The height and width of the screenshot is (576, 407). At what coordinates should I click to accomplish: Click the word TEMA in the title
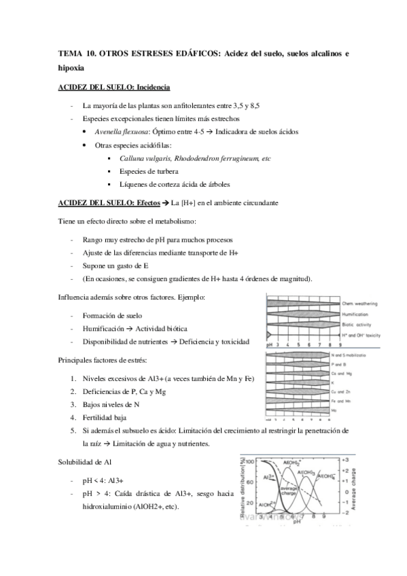pyautogui.click(x=70, y=54)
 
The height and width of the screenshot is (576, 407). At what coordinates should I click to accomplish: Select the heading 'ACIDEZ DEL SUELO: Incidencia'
pyautogui.click(x=114, y=88)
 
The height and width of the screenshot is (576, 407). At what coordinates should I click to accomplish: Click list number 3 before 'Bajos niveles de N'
pyautogui.click(x=73, y=405)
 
